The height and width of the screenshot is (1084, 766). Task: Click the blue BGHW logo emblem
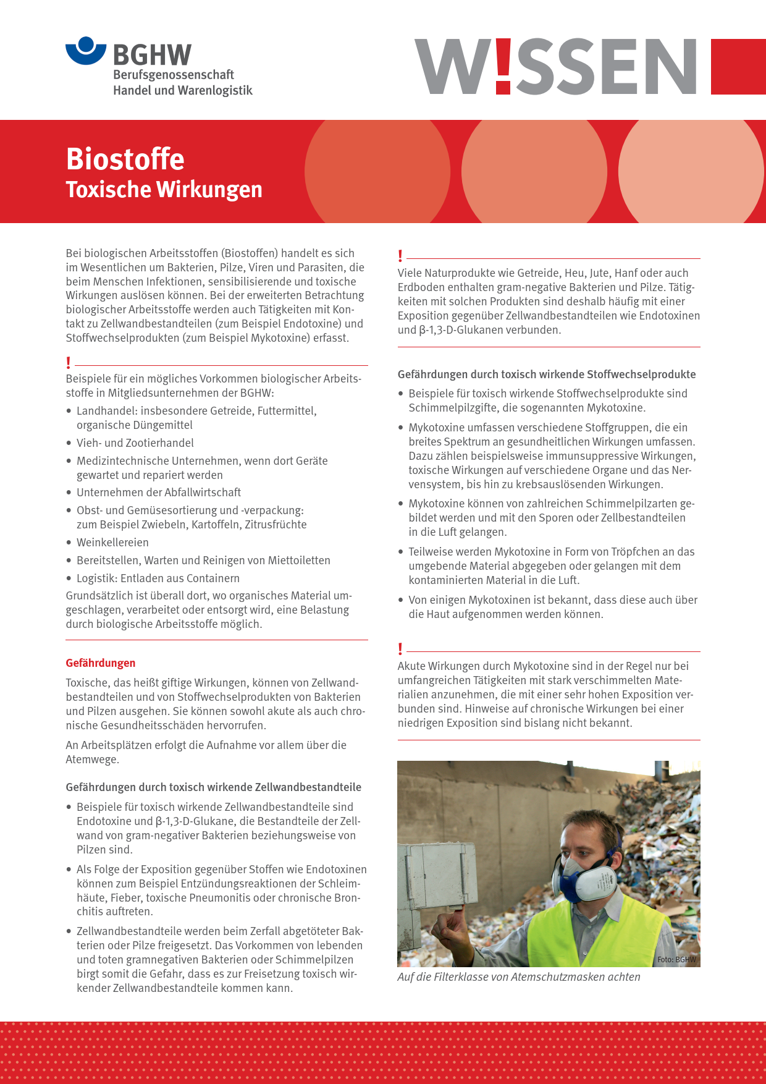pos(86,51)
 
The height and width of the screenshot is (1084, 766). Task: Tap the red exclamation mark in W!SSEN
pos(503,66)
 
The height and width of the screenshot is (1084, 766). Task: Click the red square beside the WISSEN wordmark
pos(738,67)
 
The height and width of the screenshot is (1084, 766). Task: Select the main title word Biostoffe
pos(125,159)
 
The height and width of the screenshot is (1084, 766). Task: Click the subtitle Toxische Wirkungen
pos(164,190)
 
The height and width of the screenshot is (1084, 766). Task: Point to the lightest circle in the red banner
pos(691,172)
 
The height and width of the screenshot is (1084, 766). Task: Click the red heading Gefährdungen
pos(101,663)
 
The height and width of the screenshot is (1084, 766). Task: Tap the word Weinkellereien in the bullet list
pos(112,543)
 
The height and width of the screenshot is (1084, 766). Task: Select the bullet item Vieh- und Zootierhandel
pos(135,443)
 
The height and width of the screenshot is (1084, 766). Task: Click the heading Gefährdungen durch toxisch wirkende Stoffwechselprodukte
pos(547,375)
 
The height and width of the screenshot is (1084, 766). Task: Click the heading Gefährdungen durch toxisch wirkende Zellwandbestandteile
pos(214,787)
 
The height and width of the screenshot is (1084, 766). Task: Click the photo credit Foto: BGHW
pos(676,960)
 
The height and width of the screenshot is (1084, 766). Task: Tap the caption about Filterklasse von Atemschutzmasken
pos(519,977)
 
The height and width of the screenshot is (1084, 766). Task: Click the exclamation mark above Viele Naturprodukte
pos(400,256)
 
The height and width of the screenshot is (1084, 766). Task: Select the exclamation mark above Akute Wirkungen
pos(400,649)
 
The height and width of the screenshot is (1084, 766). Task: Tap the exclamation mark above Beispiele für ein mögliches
pos(69,363)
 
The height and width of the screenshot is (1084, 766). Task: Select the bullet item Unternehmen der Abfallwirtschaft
pos(158,493)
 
